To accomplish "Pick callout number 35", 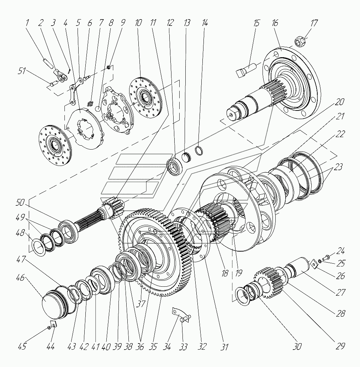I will (153, 347).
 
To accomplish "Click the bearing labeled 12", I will (175, 166).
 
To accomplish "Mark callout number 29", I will (341, 347).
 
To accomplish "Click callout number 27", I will (341, 292).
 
